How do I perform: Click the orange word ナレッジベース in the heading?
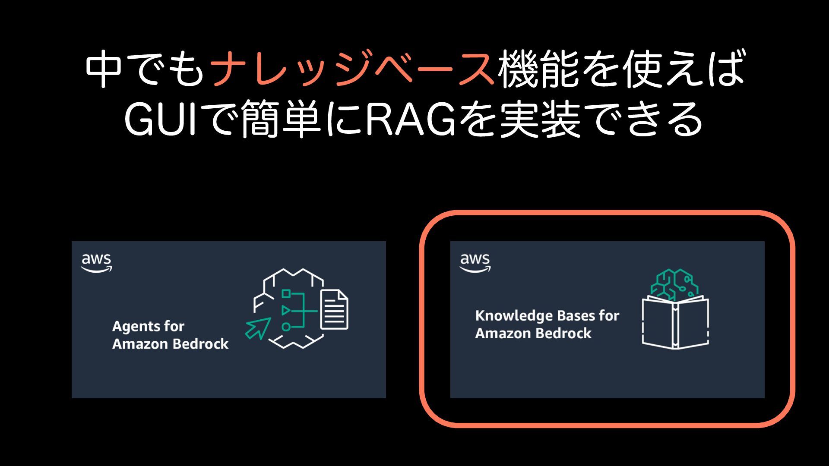352,69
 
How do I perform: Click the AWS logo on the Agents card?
96,262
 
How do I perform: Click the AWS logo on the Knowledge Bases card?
475,262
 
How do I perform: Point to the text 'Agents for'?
148,326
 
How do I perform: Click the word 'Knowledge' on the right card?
509,316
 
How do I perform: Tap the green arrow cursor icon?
258,328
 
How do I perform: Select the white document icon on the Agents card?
334,309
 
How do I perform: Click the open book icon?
675,322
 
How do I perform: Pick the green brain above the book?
674,283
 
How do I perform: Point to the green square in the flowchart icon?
286,294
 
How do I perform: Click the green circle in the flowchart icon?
286,327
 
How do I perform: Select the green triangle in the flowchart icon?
285,310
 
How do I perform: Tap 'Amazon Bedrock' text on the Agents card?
170,344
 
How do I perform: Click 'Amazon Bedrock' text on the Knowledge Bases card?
533,334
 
